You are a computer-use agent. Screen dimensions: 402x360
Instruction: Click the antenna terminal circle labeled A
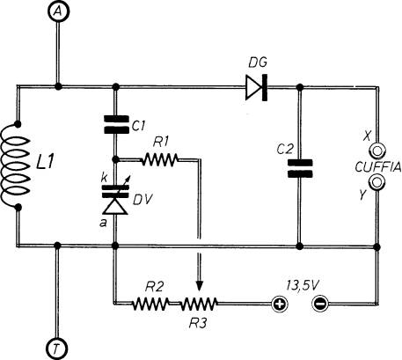[59, 11]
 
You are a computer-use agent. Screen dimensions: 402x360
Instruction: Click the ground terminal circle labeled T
[57, 349]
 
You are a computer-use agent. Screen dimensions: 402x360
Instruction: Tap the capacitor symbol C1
[116, 124]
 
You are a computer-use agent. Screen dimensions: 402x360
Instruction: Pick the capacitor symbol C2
[300, 168]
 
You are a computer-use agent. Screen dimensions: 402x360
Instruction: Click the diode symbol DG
[256, 87]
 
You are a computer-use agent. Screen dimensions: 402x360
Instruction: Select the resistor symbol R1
[160, 159]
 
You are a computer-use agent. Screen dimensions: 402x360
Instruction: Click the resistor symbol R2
[150, 304]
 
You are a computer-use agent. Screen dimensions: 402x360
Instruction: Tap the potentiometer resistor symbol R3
[199, 304]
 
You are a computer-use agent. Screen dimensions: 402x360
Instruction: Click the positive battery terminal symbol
[279, 304]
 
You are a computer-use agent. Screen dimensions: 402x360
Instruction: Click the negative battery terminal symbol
[320, 304]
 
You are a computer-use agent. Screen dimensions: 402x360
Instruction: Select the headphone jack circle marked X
[377, 151]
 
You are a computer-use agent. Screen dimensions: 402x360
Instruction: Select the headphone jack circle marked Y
[377, 182]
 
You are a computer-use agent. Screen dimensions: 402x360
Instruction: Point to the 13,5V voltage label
[302, 285]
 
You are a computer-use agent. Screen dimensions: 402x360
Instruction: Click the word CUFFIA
[377, 166]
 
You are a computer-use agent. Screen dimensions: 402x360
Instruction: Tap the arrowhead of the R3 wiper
[200, 286]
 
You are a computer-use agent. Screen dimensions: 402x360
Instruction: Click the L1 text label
[45, 161]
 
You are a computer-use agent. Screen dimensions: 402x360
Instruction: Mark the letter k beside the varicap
[104, 178]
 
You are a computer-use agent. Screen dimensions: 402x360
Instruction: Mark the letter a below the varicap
[103, 224]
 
